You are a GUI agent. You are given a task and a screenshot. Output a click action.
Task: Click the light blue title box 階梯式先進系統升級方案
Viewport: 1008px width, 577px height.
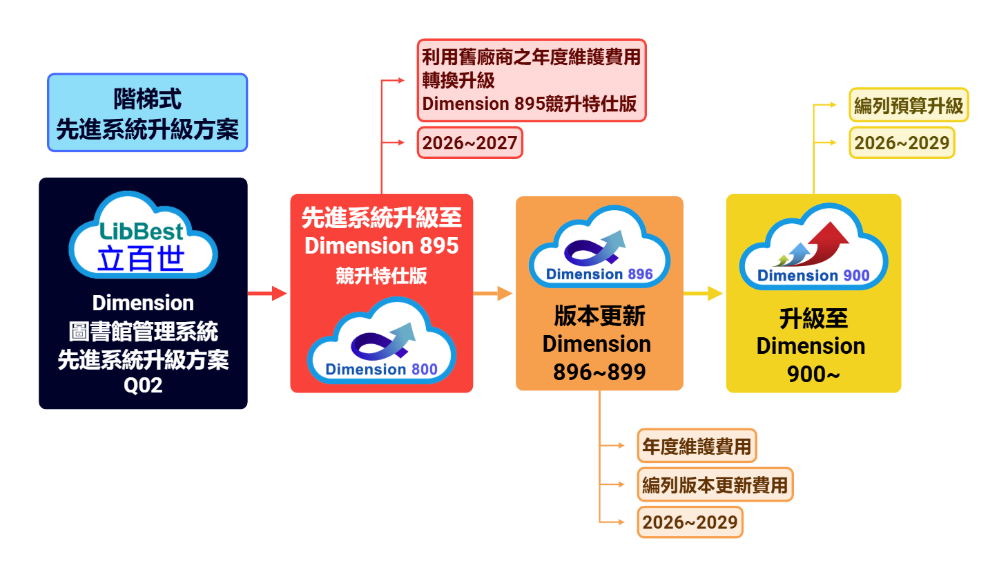147,113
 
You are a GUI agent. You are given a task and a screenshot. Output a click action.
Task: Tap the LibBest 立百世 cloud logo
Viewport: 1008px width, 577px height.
143,237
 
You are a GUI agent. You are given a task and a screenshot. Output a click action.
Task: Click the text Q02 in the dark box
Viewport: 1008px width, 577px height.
143,385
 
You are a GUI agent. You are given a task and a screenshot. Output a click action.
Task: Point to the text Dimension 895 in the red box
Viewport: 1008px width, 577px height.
381,245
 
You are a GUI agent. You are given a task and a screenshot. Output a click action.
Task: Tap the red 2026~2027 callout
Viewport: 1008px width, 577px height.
469,143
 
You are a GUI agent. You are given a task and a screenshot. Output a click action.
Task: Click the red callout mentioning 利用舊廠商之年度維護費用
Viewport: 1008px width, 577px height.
531,80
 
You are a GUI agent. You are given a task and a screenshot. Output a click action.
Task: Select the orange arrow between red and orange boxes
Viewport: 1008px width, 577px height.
493,293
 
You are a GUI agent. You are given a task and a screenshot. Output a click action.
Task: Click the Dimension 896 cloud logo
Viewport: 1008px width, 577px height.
599,249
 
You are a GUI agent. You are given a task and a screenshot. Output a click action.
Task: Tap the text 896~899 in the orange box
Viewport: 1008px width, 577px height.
599,372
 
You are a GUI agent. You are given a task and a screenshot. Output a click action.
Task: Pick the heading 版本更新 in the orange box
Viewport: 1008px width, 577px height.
599,316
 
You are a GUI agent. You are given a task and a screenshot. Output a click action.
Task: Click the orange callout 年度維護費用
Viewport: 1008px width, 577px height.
696,446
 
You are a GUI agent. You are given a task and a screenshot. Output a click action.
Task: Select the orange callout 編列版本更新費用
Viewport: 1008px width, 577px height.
715,485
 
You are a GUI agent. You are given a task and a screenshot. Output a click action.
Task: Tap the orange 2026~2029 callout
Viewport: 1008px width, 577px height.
690,522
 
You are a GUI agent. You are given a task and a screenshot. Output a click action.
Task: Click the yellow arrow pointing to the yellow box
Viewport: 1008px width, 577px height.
703,293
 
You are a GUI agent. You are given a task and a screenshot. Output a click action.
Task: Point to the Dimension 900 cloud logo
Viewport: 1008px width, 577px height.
813,249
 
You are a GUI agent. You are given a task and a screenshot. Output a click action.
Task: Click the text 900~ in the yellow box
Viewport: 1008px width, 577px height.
813,374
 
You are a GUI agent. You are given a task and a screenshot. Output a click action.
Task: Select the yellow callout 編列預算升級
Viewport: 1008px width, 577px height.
908,105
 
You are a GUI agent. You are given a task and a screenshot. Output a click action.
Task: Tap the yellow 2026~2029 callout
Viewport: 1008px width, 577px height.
901,143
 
